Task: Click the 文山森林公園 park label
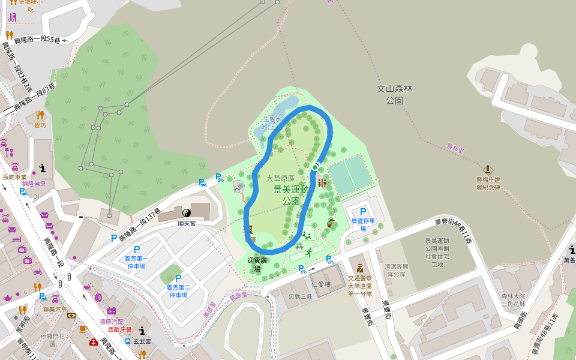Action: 394,95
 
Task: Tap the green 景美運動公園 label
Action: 291,195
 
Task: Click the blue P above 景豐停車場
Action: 362,212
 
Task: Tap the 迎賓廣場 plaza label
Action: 257,265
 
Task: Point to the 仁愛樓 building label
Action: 321,284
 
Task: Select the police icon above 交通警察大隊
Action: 359,268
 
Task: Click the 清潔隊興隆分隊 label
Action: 396,269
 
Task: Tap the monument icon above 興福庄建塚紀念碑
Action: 488,170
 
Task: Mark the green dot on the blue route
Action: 314,167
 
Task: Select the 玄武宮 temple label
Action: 142,341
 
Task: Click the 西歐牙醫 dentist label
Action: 119,329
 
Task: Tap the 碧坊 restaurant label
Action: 40,125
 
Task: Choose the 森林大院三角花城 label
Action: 513,299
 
